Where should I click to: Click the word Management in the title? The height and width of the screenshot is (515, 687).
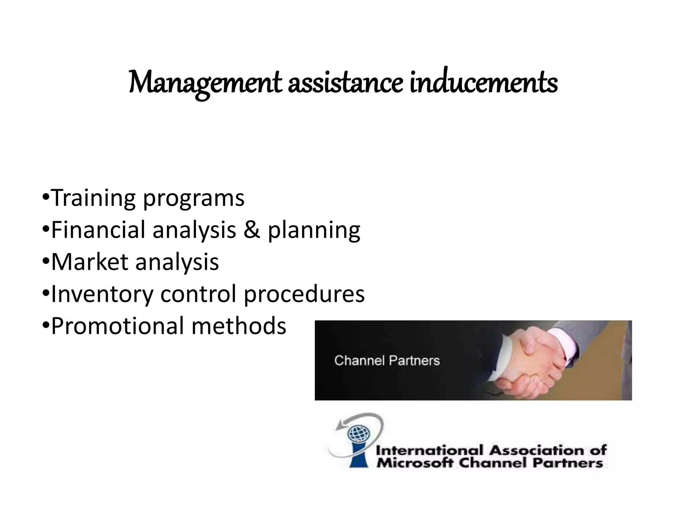(x=205, y=83)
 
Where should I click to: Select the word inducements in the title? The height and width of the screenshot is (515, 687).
(x=483, y=83)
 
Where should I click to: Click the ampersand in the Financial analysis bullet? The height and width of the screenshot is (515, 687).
(x=252, y=230)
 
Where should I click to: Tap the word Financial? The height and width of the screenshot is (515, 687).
(x=99, y=230)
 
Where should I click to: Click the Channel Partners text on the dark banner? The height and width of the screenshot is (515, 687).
(x=387, y=361)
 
